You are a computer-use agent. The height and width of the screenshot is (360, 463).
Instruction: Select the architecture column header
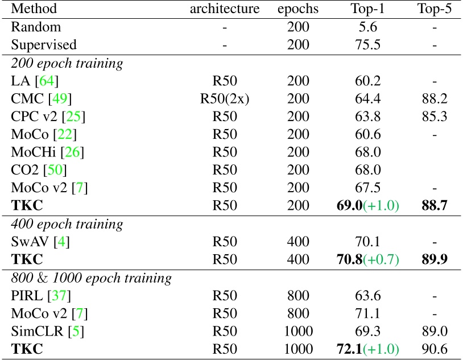pos(225,9)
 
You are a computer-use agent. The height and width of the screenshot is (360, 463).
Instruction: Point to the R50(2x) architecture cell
pos(225,98)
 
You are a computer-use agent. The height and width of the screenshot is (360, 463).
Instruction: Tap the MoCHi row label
pos(33,152)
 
